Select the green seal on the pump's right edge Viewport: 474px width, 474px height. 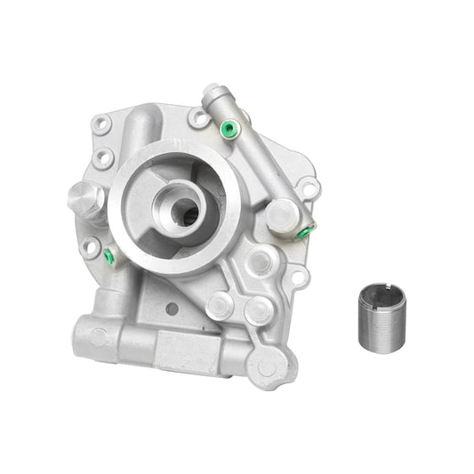(x=303, y=232)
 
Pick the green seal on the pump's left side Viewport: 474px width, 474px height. (x=108, y=256)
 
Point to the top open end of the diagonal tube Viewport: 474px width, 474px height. (x=211, y=92)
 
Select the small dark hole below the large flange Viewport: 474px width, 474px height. (x=171, y=309)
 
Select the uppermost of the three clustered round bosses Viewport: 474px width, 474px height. (x=261, y=261)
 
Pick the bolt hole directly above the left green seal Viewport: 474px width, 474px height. (x=92, y=246)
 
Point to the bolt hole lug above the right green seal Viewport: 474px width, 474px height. (x=309, y=189)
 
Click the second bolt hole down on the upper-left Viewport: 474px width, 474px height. (x=105, y=159)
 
